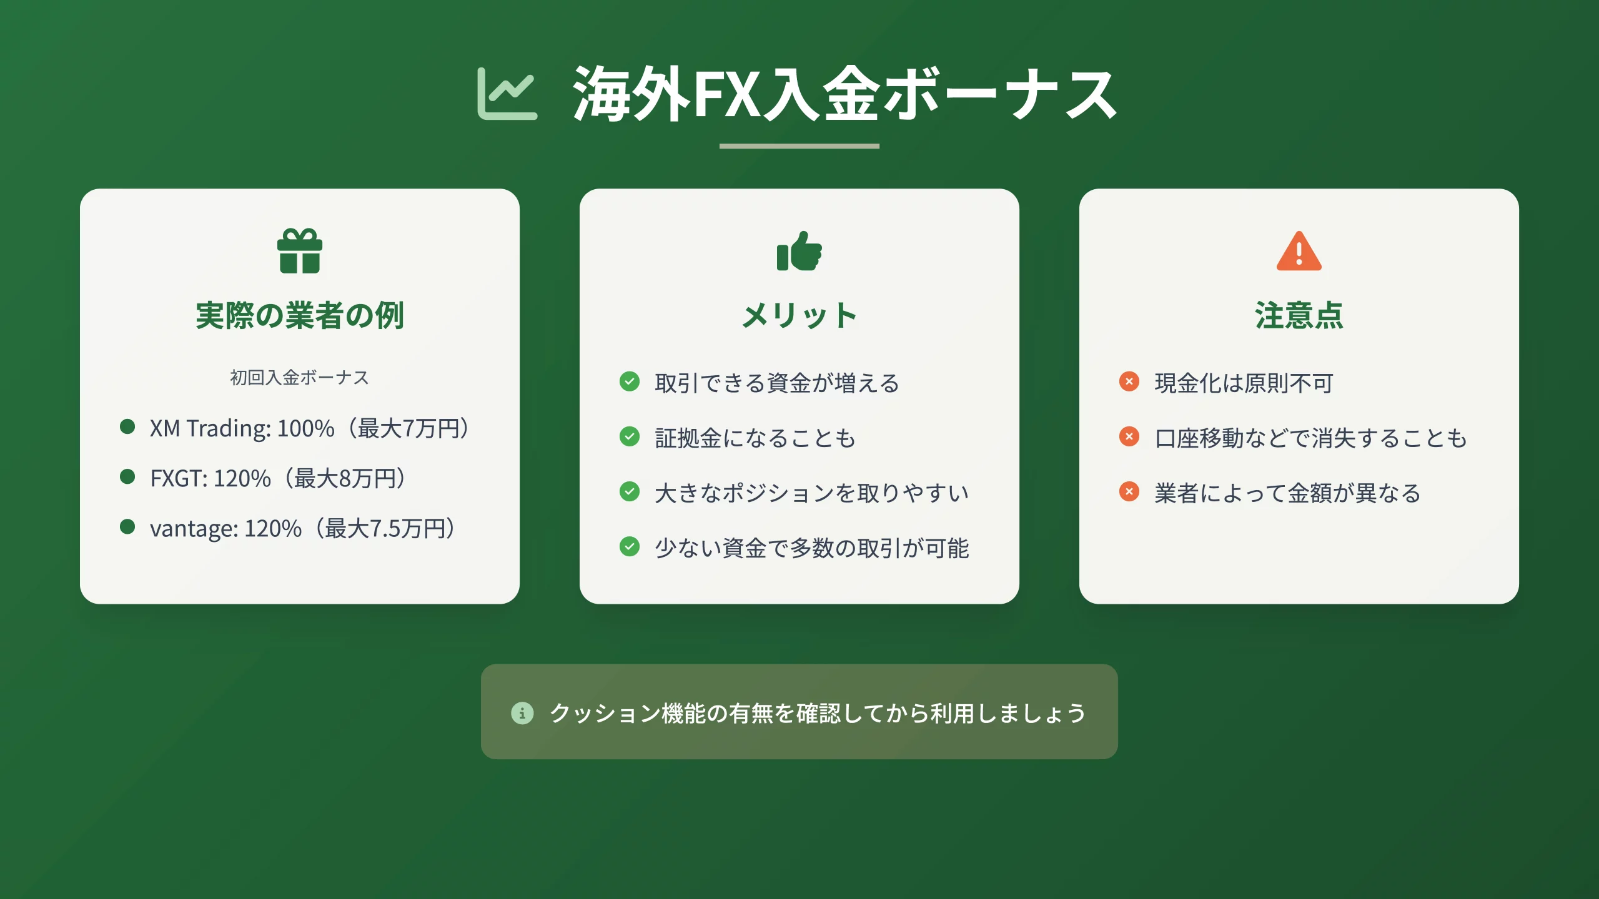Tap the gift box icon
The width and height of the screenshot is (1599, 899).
click(x=300, y=251)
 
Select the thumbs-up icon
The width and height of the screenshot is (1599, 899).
click(x=799, y=252)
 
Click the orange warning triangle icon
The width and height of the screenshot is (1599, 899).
click(x=1299, y=252)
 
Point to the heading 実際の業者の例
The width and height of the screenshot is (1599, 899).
click(x=300, y=315)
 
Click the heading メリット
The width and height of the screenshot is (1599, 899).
click(x=799, y=315)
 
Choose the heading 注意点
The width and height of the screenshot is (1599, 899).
click(x=1299, y=315)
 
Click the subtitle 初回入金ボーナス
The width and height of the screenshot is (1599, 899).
click(x=300, y=378)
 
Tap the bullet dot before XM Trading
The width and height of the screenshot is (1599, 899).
click(x=127, y=426)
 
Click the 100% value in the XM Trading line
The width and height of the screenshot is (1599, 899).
click(x=305, y=428)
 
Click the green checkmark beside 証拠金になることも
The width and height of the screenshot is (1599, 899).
click(x=630, y=436)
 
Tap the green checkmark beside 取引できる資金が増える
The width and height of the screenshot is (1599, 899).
click(x=630, y=381)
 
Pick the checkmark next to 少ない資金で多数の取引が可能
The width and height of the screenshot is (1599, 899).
click(x=630, y=546)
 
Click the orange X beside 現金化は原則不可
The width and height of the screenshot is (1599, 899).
click(x=1129, y=381)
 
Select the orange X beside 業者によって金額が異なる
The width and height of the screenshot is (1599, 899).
click(x=1129, y=491)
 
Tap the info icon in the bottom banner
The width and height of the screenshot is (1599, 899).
click(x=522, y=712)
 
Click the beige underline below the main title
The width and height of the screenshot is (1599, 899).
click(x=799, y=146)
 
